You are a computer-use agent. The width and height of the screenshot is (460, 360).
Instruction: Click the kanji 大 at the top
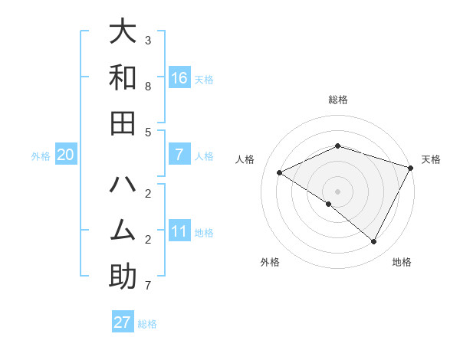point(123,31)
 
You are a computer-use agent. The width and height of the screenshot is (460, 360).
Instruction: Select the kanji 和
point(123,77)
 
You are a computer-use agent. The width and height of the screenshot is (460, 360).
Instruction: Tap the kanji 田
point(123,123)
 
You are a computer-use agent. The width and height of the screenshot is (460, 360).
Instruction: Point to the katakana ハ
point(123,185)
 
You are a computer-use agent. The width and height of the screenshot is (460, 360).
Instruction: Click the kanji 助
point(123,277)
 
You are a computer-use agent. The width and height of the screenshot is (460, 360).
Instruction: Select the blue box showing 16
point(179,78)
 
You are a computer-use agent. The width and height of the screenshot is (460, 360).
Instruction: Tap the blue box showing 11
point(179,232)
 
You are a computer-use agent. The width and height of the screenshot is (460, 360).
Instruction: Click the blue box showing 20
point(65,155)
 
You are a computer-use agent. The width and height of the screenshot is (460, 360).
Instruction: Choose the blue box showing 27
point(123,322)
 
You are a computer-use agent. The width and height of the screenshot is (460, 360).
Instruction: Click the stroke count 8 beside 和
point(148,87)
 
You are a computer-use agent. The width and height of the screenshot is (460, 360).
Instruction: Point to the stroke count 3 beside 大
point(148,40)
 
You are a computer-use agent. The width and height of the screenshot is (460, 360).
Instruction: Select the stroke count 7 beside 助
point(148,286)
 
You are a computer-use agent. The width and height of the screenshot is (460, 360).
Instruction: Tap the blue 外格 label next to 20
point(41,156)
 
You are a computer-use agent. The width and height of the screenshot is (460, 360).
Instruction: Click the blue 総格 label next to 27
point(147,324)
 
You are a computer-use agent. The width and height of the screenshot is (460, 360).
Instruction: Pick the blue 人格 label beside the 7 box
point(204,156)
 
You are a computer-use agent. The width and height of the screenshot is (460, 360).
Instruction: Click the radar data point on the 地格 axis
point(374,241)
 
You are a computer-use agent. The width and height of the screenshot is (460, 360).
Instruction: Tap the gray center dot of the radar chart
point(337,191)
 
